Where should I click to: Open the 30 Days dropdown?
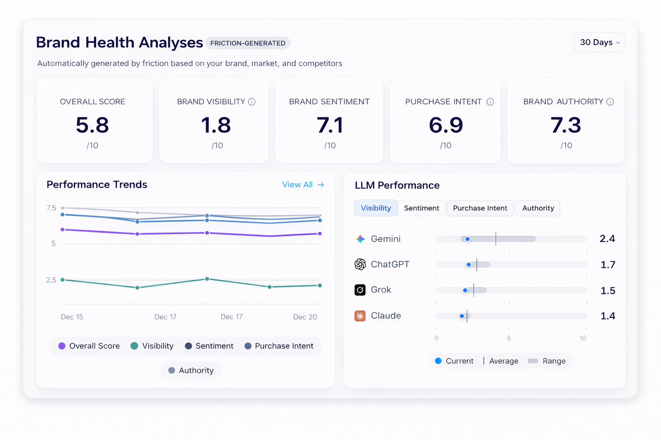(599, 43)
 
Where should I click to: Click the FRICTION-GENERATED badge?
(248, 43)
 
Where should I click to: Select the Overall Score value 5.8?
(93, 125)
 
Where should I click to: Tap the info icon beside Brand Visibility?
(252, 102)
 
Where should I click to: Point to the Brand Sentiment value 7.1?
(330, 125)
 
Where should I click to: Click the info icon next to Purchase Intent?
(490, 102)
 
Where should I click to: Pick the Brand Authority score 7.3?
(566, 125)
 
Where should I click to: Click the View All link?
(303, 185)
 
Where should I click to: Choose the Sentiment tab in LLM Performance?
(421, 208)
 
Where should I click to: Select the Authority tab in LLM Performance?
(538, 208)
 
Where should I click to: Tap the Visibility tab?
(376, 208)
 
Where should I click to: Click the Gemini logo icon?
(360, 239)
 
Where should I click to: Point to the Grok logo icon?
(360, 290)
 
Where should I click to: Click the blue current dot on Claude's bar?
(462, 316)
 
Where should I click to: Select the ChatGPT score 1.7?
(608, 265)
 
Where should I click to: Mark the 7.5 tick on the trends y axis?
(51, 208)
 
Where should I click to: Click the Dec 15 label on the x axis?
(72, 317)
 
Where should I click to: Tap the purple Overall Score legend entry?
(89, 346)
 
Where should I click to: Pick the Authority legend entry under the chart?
(191, 371)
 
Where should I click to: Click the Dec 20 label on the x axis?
(305, 317)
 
